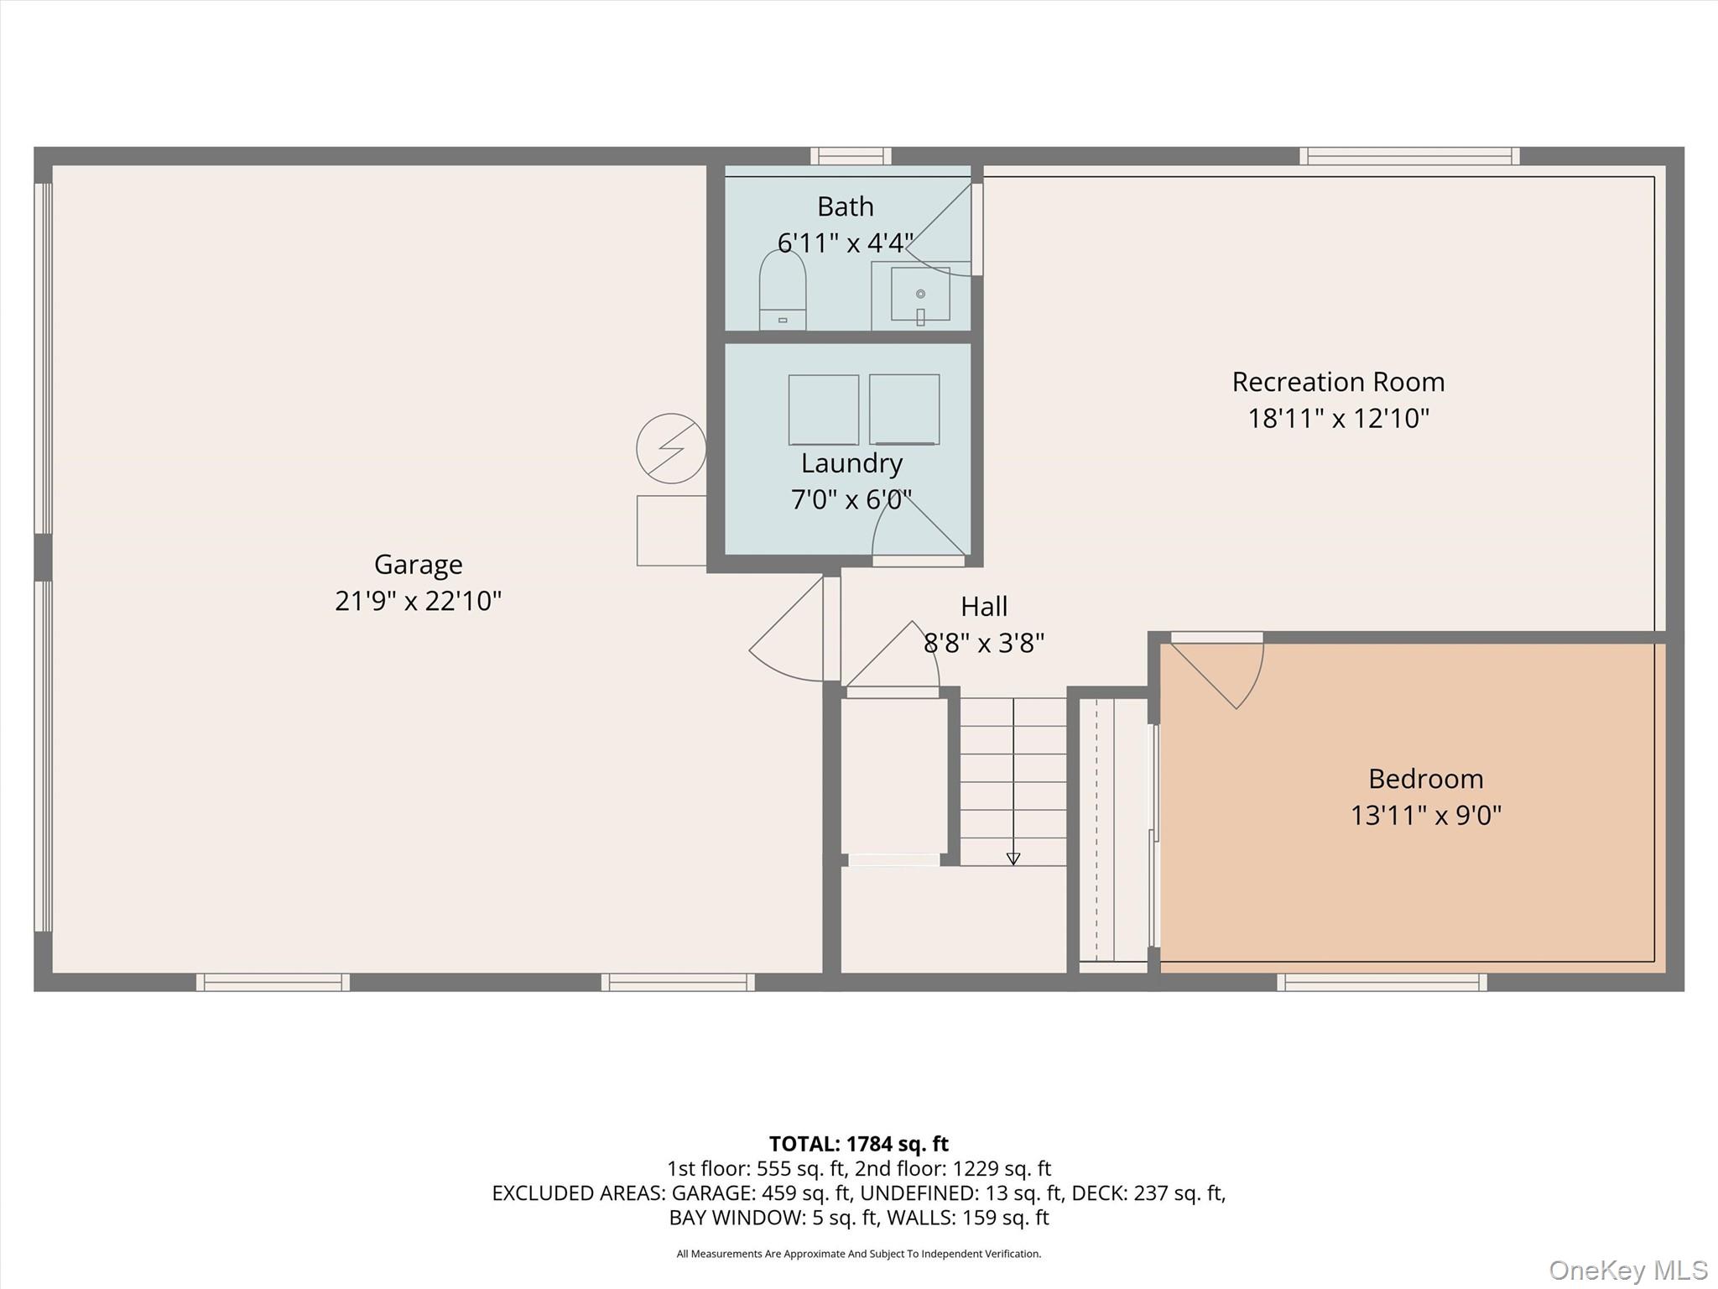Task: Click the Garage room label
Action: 418,564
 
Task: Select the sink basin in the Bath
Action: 920,295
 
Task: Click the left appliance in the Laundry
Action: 823,410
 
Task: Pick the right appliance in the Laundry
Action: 904,410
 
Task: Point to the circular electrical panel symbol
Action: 671,448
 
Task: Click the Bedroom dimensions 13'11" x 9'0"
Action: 1425,815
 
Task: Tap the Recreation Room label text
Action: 1338,382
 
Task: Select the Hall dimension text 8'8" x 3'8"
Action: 984,643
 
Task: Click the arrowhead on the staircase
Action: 1013,858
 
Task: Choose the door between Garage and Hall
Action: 794,629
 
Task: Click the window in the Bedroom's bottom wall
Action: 1382,982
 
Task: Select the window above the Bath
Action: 851,156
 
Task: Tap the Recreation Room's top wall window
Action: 1409,156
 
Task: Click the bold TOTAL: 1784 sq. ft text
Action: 859,1144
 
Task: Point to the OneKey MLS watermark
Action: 1628,1271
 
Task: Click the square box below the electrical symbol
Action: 671,530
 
